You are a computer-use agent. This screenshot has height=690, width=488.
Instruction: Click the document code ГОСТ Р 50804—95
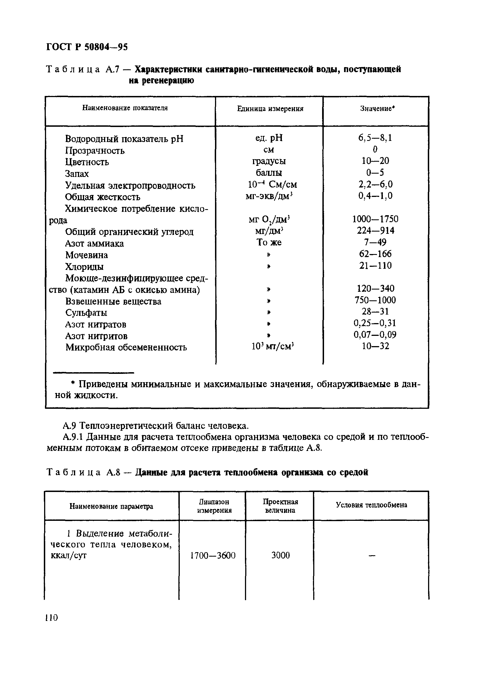pyautogui.click(x=87, y=47)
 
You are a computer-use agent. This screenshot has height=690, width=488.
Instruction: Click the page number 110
pyautogui.click(x=51, y=618)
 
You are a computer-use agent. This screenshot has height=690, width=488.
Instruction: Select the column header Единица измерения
pyautogui.click(x=270, y=109)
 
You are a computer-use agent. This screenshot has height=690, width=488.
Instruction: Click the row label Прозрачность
pyautogui.click(x=94, y=150)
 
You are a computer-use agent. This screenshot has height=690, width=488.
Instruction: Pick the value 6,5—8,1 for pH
pyautogui.click(x=375, y=138)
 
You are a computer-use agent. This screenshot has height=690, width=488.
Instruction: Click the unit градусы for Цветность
pyautogui.click(x=269, y=161)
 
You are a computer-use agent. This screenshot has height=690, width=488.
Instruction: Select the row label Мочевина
pyautogui.click(x=87, y=255)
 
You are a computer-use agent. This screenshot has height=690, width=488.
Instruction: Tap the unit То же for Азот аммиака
pyautogui.click(x=269, y=242)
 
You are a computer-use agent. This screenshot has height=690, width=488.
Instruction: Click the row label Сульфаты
pyautogui.click(x=86, y=313)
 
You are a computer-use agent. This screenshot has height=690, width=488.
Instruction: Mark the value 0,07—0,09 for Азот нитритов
pyautogui.click(x=375, y=334)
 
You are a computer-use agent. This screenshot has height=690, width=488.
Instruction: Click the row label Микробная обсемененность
pyautogui.click(x=126, y=347)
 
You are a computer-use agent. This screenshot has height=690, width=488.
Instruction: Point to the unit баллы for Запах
pyautogui.click(x=269, y=173)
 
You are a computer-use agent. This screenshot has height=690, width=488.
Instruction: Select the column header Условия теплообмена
pyautogui.click(x=371, y=505)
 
